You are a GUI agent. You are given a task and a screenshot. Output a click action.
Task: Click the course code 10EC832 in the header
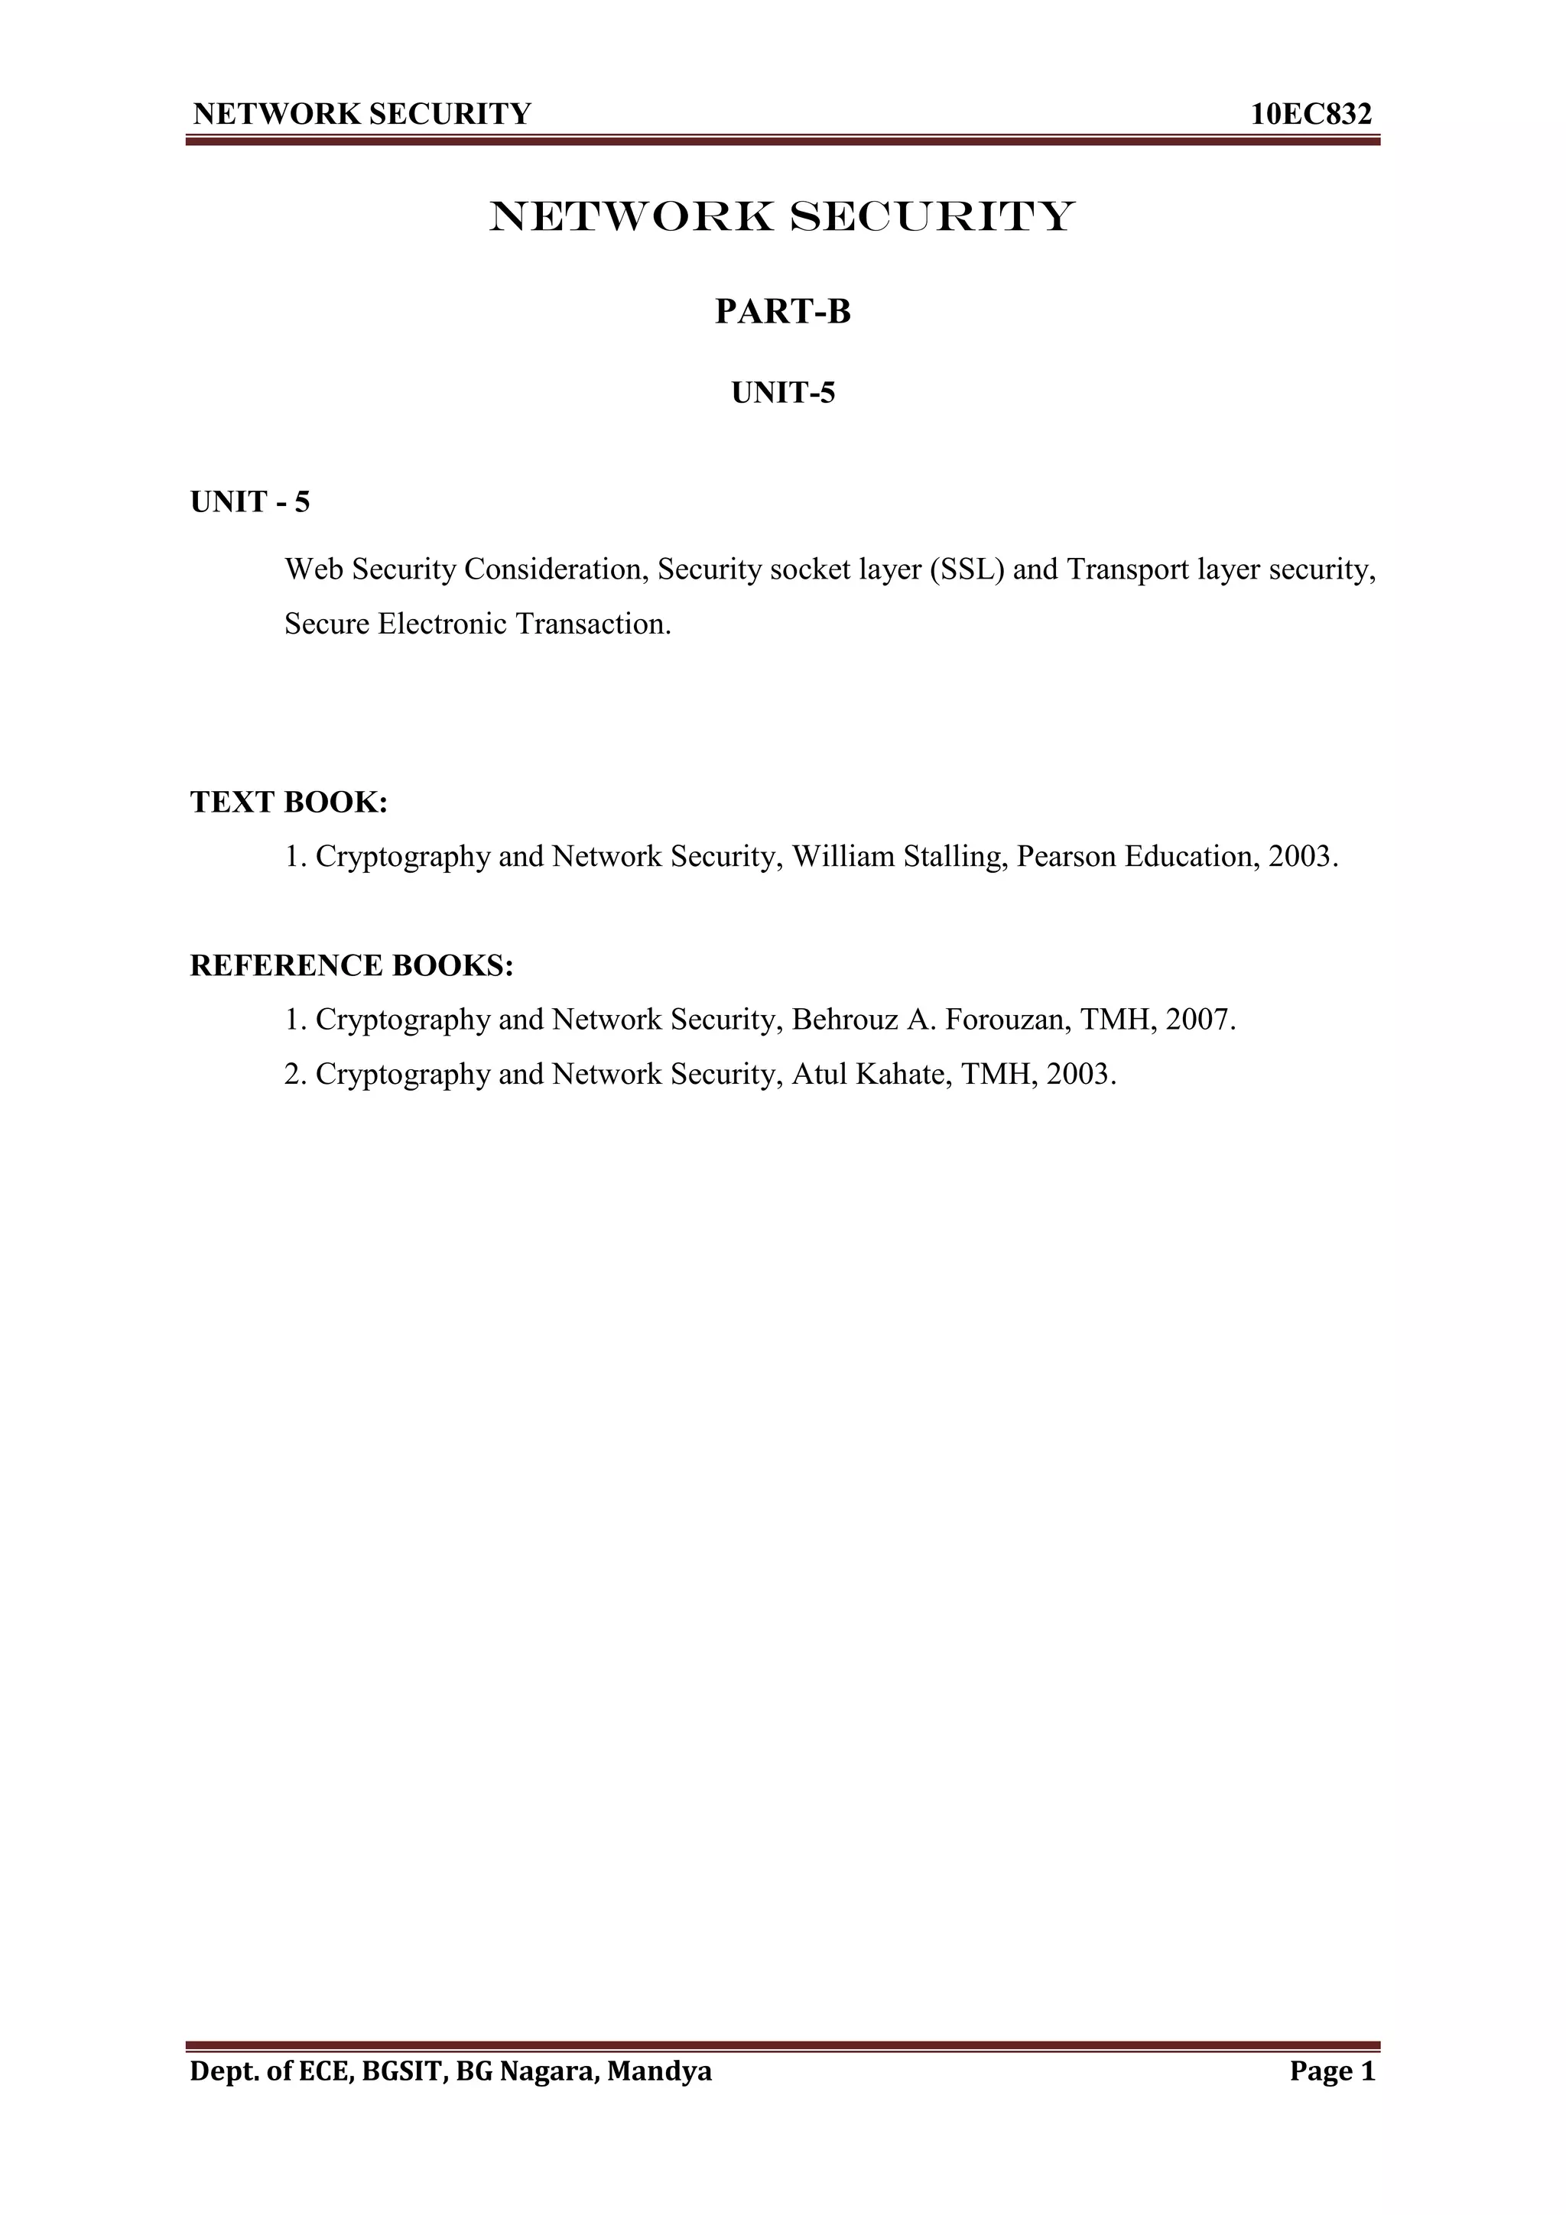coord(1311,115)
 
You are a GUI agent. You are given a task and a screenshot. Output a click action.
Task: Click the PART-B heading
coord(782,313)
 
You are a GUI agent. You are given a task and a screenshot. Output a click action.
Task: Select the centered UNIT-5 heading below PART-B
coord(782,394)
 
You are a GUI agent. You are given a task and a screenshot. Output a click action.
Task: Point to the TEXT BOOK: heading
coord(288,802)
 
